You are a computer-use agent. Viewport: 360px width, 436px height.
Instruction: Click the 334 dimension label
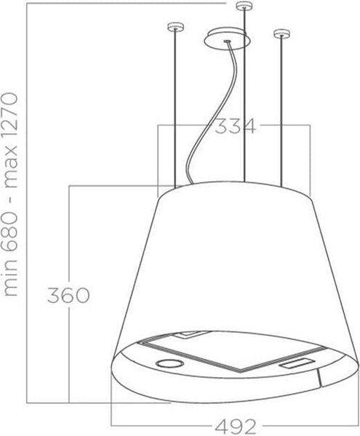tap(235, 126)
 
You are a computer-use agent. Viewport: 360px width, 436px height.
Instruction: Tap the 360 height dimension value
tap(68, 295)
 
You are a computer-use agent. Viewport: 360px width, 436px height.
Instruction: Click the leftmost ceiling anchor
tap(175, 28)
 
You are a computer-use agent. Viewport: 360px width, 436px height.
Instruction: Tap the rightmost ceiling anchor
tap(282, 33)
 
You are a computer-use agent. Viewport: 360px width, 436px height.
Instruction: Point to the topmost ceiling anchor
tap(244, 6)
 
